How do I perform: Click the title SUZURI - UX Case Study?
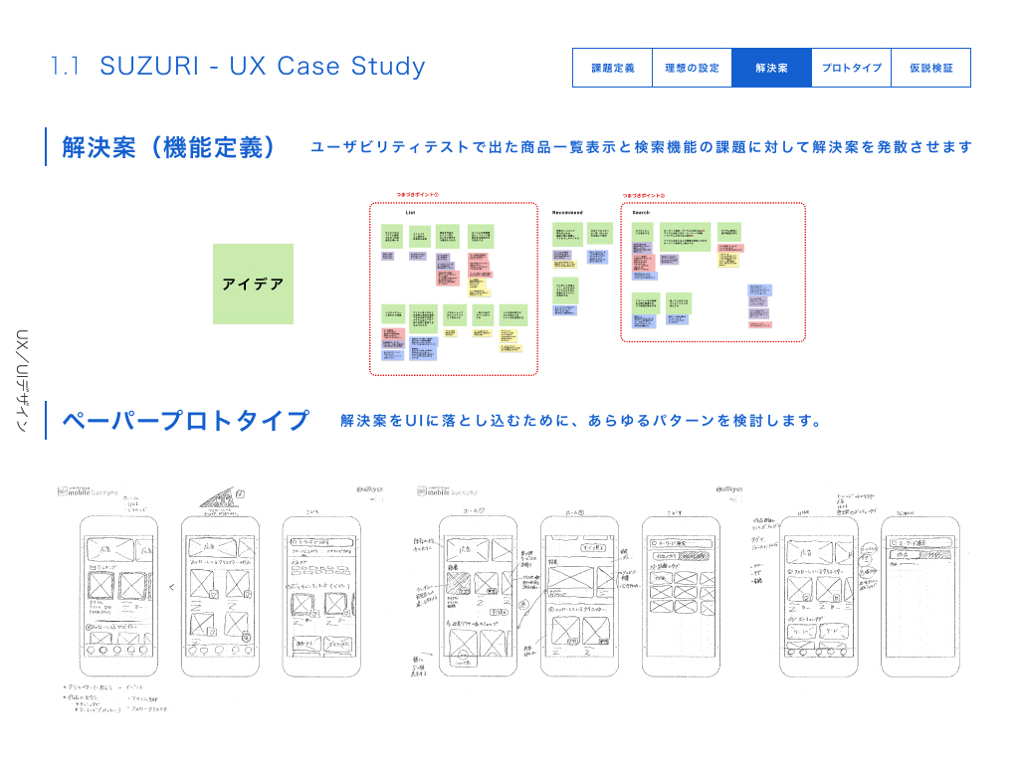coord(263,67)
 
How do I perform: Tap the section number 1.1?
coord(65,67)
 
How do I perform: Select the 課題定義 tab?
coord(612,69)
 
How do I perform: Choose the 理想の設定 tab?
coord(692,69)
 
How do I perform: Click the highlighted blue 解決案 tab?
coord(771,69)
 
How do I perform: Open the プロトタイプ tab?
coord(851,69)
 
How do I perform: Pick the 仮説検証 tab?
coord(930,69)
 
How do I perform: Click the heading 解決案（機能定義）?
coord(168,147)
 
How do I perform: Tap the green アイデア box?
coord(253,284)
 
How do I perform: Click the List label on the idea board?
coord(410,213)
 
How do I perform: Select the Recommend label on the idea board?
coord(567,213)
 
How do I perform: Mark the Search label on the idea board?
coord(641,213)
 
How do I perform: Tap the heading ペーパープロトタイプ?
coord(186,421)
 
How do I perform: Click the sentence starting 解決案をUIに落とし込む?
coord(580,421)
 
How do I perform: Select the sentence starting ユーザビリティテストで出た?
coord(641,147)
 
